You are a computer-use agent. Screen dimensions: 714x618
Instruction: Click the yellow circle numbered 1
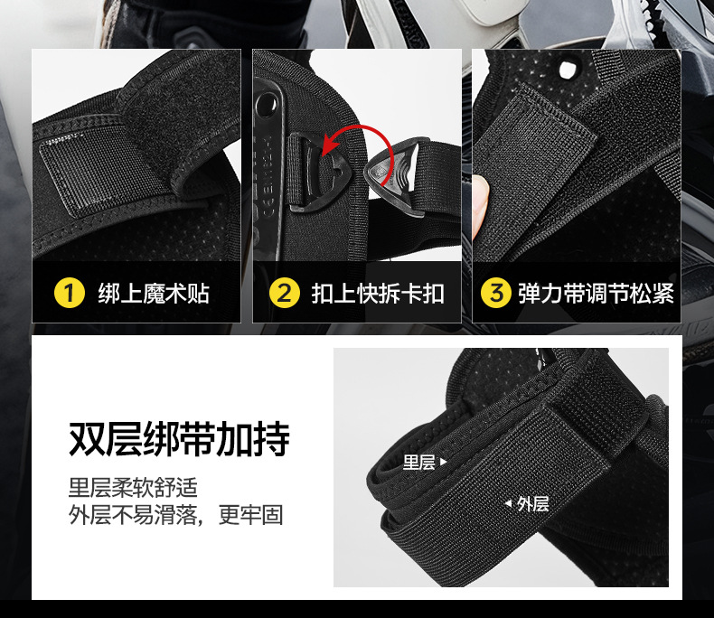coord(70,293)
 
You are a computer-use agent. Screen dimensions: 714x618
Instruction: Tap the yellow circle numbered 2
coord(284,293)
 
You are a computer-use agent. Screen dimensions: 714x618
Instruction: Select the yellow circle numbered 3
coord(496,293)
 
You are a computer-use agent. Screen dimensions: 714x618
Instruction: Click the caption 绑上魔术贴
coord(154,294)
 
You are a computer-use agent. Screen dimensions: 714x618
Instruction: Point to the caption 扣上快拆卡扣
coord(378,294)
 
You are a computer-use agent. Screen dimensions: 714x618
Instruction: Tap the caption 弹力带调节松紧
coord(597,294)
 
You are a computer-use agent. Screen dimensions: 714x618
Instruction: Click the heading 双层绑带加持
coord(179,439)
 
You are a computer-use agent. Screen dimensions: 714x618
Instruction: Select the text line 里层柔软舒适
coord(133,487)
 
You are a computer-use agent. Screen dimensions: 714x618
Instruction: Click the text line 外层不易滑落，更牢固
coord(175,515)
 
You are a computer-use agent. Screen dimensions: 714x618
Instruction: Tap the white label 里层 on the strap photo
coord(419,463)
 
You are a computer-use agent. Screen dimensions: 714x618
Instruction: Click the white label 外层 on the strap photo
coord(532,504)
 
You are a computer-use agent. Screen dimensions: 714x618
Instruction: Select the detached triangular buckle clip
coord(393,176)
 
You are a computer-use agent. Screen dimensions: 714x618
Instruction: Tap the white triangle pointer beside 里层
coord(444,463)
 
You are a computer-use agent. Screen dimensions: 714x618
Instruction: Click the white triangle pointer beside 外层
coord(509,504)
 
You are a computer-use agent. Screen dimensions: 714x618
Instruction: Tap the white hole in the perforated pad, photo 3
coord(568,70)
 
